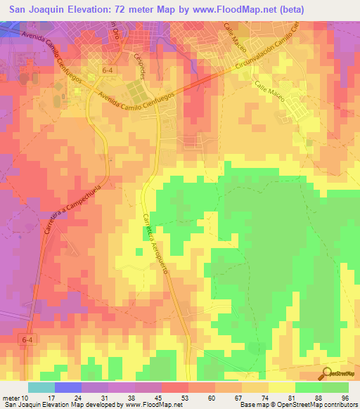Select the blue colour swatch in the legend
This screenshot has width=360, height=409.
(67, 387)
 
